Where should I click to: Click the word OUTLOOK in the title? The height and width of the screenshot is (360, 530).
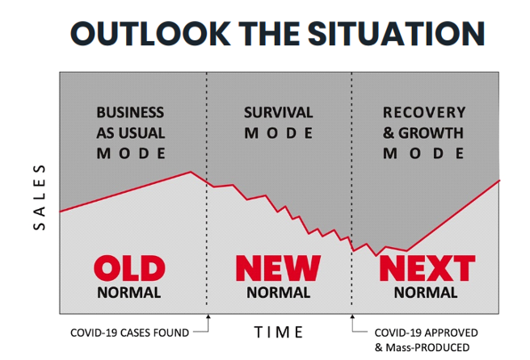click(x=150, y=33)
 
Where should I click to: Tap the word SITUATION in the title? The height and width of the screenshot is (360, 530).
click(x=396, y=33)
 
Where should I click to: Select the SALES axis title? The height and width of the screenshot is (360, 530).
click(x=40, y=197)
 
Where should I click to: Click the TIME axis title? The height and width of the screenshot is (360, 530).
click(x=279, y=333)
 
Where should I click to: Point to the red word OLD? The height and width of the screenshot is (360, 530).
click(x=129, y=268)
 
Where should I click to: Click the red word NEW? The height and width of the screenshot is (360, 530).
click(x=278, y=268)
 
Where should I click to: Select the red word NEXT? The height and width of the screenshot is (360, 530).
click(x=427, y=268)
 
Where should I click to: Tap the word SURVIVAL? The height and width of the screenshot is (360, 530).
click(x=279, y=112)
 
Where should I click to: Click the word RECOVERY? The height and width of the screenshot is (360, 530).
click(x=424, y=112)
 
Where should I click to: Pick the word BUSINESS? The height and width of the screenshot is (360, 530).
click(x=130, y=112)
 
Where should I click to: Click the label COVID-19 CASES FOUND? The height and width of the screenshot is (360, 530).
click(x=129, y=333)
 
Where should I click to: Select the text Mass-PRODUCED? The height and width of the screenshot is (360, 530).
click(x=427, y=348)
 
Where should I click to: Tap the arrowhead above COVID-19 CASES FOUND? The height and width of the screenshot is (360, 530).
click(x=208, y=316)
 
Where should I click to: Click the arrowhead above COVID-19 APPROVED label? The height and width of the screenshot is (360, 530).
click(x=352, y=316)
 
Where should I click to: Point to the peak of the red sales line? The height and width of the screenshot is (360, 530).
click(x=191, y=172)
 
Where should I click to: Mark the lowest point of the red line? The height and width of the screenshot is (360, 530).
click(x=376, y=256)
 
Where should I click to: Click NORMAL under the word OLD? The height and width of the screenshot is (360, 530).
click(x=128, y=292)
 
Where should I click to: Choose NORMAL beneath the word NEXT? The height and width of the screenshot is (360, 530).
click(x=426, y=292)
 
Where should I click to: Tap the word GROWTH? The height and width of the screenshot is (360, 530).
click(x=431, y=133)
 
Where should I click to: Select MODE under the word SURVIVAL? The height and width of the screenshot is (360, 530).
click(x=279, y=133)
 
